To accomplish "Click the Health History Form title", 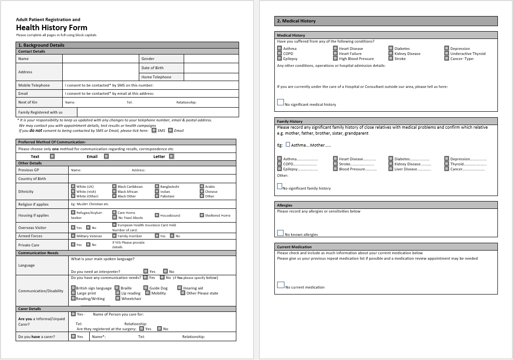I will click(x=51, y=27).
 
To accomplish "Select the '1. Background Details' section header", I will click(x=41, y=45).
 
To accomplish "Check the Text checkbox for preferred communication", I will click(x=52, y=156).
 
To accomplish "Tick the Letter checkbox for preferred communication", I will click(x=171, y=156).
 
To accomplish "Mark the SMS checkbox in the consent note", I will click(x=154, y=131).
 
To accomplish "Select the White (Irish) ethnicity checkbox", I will click(x=73, y=191).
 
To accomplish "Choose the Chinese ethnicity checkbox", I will click(x=202, y=191).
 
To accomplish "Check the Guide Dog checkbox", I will click(x=146, y=288).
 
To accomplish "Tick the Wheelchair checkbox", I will click(x=118, y=299).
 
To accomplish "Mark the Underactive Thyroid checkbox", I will click(x=447, y=54).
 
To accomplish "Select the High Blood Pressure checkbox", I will click(x=335, y=59).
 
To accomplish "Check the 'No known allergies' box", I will click(x=280, y=233).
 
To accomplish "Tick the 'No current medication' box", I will click(x=281, y=285).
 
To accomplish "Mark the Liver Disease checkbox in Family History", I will click(x=391, y=169).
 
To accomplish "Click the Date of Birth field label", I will click(x=153, y=68).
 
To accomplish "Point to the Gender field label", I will click(x=148, y=59).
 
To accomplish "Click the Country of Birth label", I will click(x=32, y=179).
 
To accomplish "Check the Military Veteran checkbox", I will click(x=73, y=236).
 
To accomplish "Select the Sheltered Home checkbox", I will click(x=202, y=215).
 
